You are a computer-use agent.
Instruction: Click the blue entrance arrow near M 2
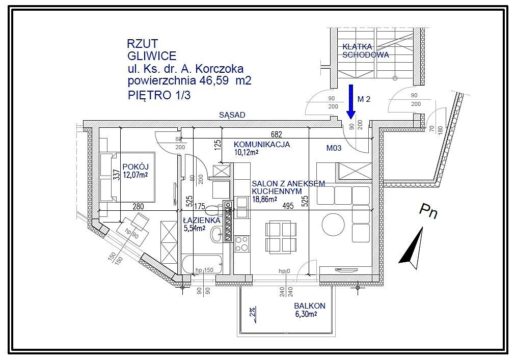click(x=351, y=102)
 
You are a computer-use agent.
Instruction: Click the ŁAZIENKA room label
click(x=201, y=220)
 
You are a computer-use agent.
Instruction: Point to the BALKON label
click(x=310, y=306)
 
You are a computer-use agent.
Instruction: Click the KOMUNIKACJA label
click(x=262, y=144)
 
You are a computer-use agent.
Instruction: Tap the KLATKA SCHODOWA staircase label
click(x=365, y=51)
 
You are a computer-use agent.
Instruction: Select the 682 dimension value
click(x=277, y=134)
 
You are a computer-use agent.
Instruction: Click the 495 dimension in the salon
click(x=288, y=206)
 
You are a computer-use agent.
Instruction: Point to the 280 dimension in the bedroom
click(x=138, y=206)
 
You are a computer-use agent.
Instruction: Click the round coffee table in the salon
click(x=333, y=225)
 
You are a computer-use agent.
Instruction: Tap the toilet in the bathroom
click(x=214, y=209)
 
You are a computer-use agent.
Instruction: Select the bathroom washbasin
click(x=216, y=234)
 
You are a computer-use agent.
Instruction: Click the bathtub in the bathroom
click(x=202, y=264)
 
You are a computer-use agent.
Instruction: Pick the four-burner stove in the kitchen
click(x=242, y=244)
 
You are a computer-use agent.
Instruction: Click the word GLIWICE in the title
click(x=152, y=56)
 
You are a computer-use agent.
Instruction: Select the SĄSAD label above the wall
click(x=232, y=115)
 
